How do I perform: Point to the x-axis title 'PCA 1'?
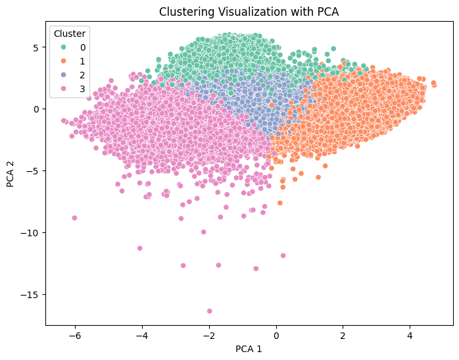249,349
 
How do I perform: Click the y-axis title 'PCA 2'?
11,174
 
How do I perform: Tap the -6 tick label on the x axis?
74,335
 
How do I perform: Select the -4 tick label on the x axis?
141,335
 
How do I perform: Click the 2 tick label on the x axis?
343,335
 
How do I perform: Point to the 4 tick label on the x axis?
410,335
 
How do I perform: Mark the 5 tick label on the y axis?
37,47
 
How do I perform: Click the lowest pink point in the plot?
209,311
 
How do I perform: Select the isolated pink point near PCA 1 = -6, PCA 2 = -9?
74,218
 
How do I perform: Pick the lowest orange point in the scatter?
279,203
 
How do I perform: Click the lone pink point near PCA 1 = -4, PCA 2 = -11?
139,248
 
